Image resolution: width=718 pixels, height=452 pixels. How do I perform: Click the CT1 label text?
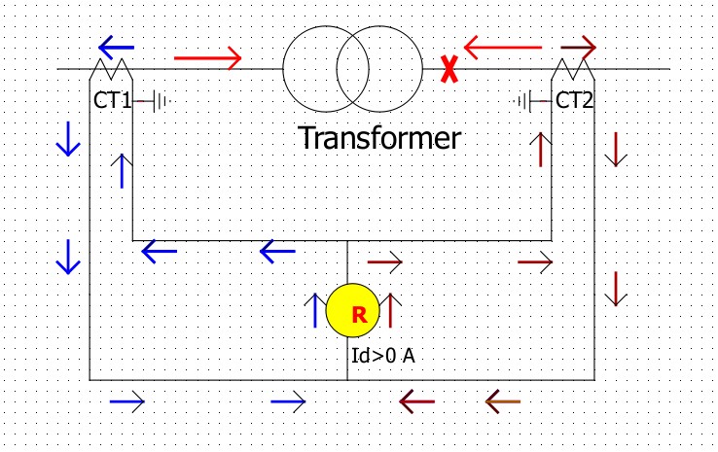pyautogui.click(x=112, y=99)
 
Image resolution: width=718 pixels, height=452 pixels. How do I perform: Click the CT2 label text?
pyautogui.click(x=574, y=99)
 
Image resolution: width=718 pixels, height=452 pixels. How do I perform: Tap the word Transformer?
pyautogui.click(x=378, y=137)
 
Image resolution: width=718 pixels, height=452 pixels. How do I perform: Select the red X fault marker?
pyautogui.click(x=449, y=69)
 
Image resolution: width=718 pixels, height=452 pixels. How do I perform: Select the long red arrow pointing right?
pyautogui.click(x=207, y=58)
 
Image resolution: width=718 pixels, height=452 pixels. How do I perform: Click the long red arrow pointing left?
pyautogui.click(x=502, y=45)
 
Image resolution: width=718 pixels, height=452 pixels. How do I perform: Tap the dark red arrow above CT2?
pyautogui.click(x=578, y=46)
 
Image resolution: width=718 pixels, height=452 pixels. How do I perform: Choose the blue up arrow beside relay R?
pyautogui.click(x=316, y=310)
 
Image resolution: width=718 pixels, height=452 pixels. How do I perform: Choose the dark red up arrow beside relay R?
pyautogui.click(x=389, y=310)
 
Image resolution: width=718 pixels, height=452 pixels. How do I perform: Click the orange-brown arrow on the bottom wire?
pyautogui.click(x=502, y=400)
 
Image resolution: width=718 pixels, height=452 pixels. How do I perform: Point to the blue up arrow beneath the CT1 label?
pyautogui.click(x=122, y=170)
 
